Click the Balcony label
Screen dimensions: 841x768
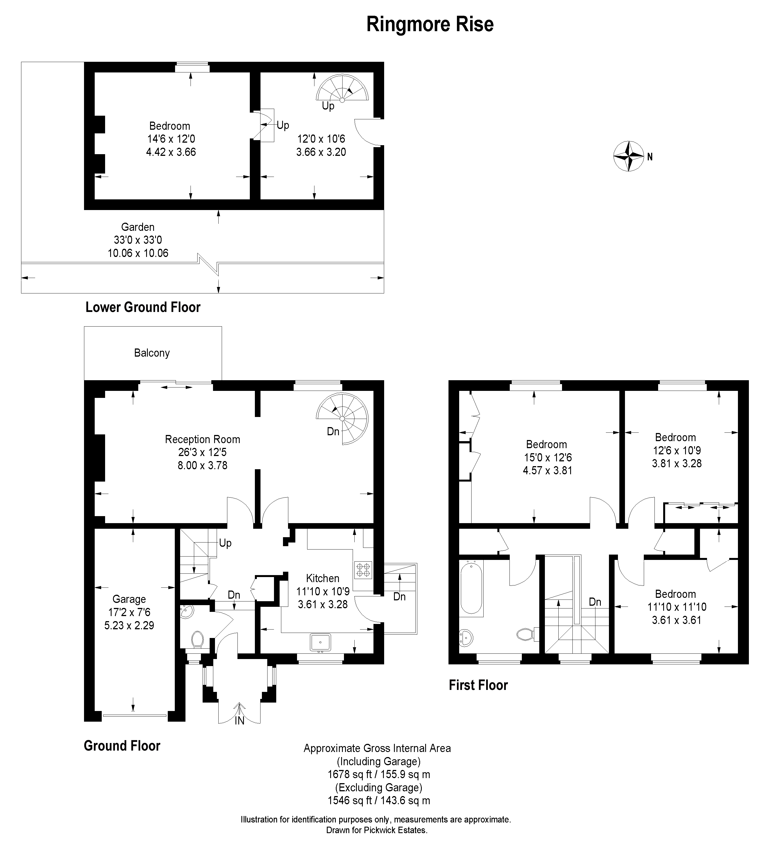click(152, 353)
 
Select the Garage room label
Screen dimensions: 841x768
click(129, 599)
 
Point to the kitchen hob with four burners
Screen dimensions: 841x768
click(363, 570)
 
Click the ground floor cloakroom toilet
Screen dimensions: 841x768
click(198, 639)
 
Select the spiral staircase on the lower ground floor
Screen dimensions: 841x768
click(342, 88)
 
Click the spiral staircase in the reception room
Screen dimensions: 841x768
click(342, 418)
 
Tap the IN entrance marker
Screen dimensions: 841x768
click(239, 721)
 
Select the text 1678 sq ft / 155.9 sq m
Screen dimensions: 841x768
click(379, 774)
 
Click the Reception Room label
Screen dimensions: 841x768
click(202, 439)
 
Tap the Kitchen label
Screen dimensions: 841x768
click(322, 578)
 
